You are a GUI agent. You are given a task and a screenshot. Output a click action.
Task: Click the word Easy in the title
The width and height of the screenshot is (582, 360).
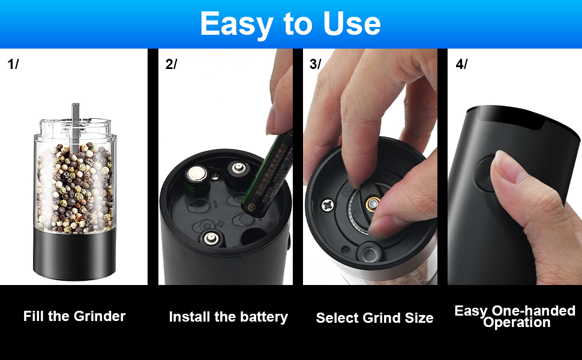click(235, 24)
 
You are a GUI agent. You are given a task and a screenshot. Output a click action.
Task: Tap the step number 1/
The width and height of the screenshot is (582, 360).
click(13, 64)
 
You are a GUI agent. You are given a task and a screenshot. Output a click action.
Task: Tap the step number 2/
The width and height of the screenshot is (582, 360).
click(171, 64)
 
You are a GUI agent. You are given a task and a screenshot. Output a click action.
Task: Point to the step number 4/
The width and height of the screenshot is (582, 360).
click(461, 64)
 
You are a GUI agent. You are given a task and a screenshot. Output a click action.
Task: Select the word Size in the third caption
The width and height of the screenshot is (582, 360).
click(418, 318)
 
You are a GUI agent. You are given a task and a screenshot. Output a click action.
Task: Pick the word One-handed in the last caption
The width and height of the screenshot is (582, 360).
click(533, 311)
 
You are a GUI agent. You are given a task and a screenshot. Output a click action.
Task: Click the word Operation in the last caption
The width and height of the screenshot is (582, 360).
click(517, 323)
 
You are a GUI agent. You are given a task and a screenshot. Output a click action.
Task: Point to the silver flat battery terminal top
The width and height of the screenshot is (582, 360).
click(196, 175)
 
